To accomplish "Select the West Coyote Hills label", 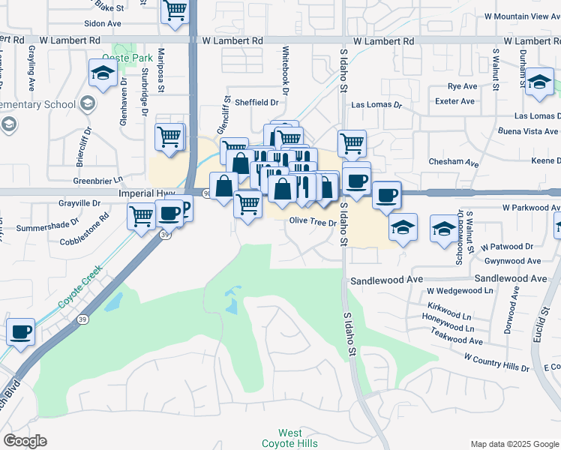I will coord(290,438).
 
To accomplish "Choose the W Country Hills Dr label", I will coord(496,364).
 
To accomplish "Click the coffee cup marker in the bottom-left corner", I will coord(20,331).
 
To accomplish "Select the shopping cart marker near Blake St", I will coord(175,11).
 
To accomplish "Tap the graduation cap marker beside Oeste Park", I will coord(103,73).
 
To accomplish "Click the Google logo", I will coord(25,441).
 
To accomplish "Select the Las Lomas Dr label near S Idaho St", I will coord(376,105).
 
